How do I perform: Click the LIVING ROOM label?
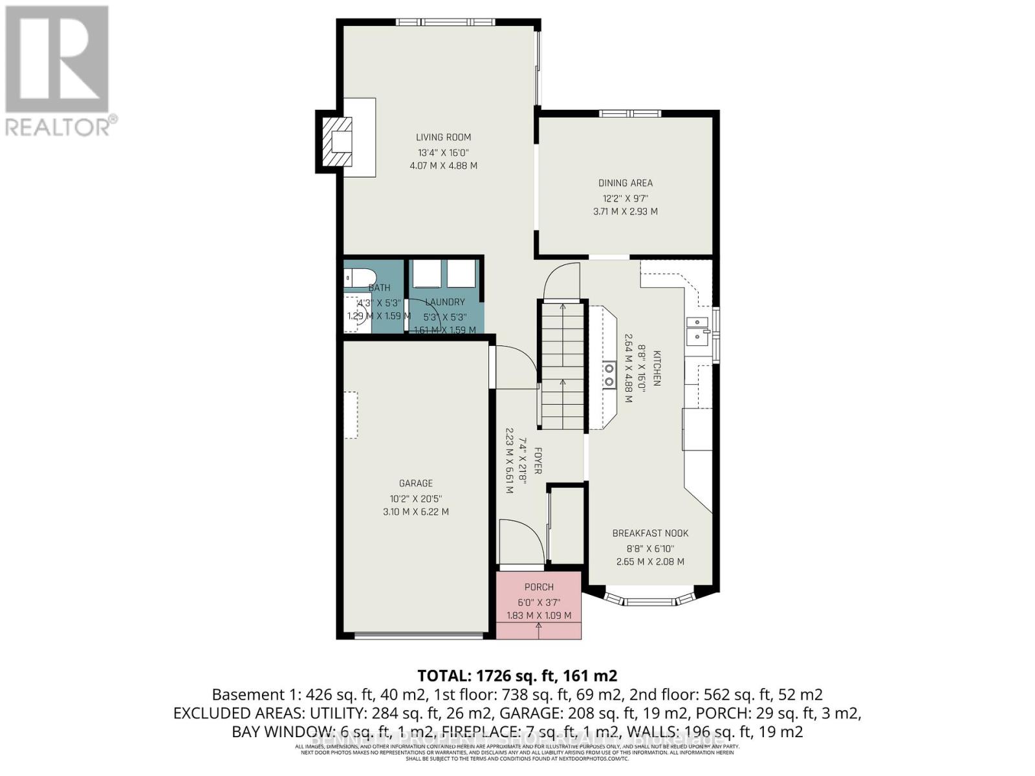pos(443,137)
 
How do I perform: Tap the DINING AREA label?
pos(625,183)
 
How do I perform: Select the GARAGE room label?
pos(415,483)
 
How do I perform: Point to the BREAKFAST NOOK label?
pos(650,533)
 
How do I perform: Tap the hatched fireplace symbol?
pos(338,142)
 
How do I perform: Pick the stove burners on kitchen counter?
pos(609,375)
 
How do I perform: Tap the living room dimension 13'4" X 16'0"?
pos(443,153)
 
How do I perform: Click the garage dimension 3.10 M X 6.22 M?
pos(415,512)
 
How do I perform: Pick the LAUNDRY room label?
pos(444,302)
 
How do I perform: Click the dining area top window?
pos(629,114)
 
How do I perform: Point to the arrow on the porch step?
pos(539,627)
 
